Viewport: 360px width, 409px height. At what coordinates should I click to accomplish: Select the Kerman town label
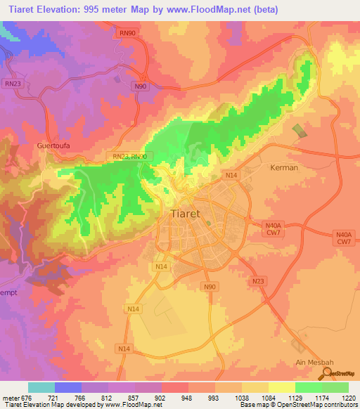click(284, 168)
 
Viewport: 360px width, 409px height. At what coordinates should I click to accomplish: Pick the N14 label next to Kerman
click(231, 174)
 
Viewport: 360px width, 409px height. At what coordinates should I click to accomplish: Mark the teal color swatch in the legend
click(41, 387)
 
